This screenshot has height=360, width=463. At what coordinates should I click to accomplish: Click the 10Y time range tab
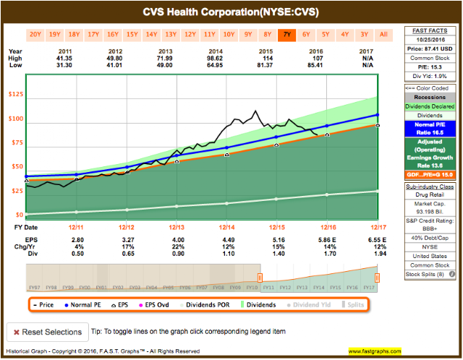[228, 34]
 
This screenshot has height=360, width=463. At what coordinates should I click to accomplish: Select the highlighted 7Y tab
[286, 34]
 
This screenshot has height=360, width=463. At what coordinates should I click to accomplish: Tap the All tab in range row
[383, 34]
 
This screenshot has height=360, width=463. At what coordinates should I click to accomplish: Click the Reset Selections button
[46, 332]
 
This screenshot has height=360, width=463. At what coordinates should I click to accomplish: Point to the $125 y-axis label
[14, 95]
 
